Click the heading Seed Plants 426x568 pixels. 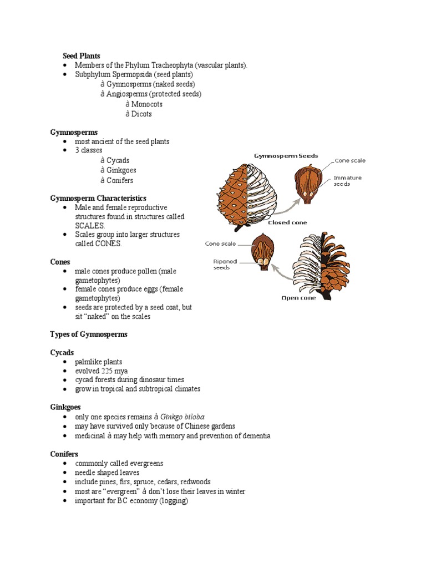click(x=81, y=55)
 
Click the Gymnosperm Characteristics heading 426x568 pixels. click(x=98, y=198)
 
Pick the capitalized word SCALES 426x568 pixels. click(x=89, y=226)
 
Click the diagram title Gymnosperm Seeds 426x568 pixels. click(x=286, y=156)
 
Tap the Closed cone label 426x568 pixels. click(x=287, y=222)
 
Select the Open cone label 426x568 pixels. click(x=298, y=298)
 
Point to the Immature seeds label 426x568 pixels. click(x=348, y=181)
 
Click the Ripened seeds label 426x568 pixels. click(x=225, y=264)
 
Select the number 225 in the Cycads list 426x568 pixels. click(x=109, y=371)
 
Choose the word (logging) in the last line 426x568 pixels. click(x=172, y=501)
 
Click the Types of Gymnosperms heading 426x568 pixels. click(x=89, y=334)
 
